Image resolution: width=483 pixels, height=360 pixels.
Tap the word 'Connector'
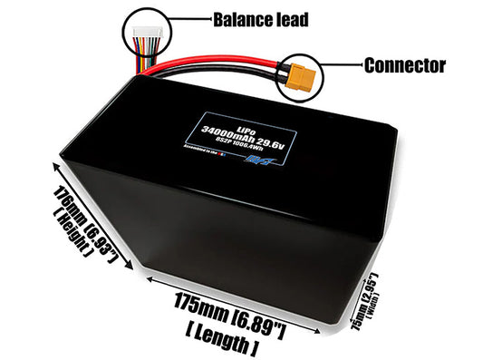404,66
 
